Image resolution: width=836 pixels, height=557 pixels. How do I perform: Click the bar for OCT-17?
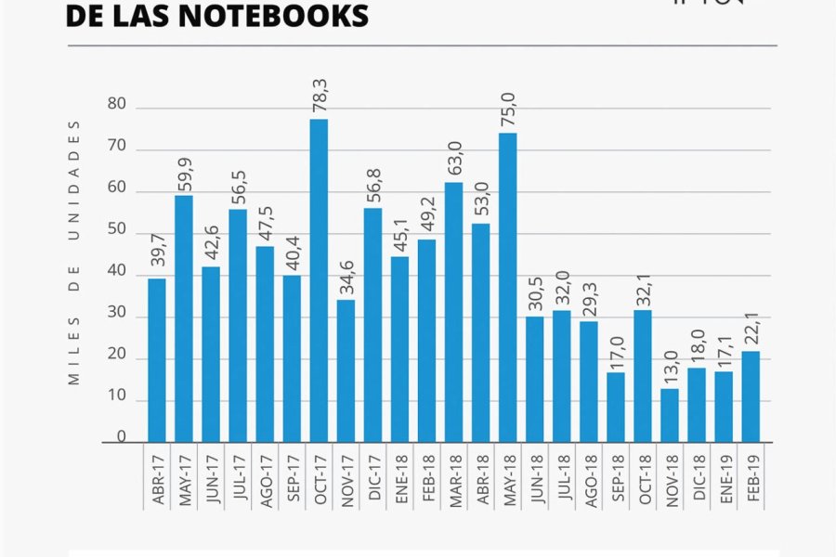[319, 280]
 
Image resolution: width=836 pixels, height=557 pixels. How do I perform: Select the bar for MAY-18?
[507, 288]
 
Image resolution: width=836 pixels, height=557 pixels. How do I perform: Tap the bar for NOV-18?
[670, 415]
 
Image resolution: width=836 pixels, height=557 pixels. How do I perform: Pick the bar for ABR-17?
[157, 360]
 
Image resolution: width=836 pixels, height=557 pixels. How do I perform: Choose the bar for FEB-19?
[751, 396]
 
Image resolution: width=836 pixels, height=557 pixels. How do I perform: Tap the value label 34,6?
[346, 277]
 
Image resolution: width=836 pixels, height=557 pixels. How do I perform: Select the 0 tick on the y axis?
[121, 435]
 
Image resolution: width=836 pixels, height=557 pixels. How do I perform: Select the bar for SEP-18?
[616, 407]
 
